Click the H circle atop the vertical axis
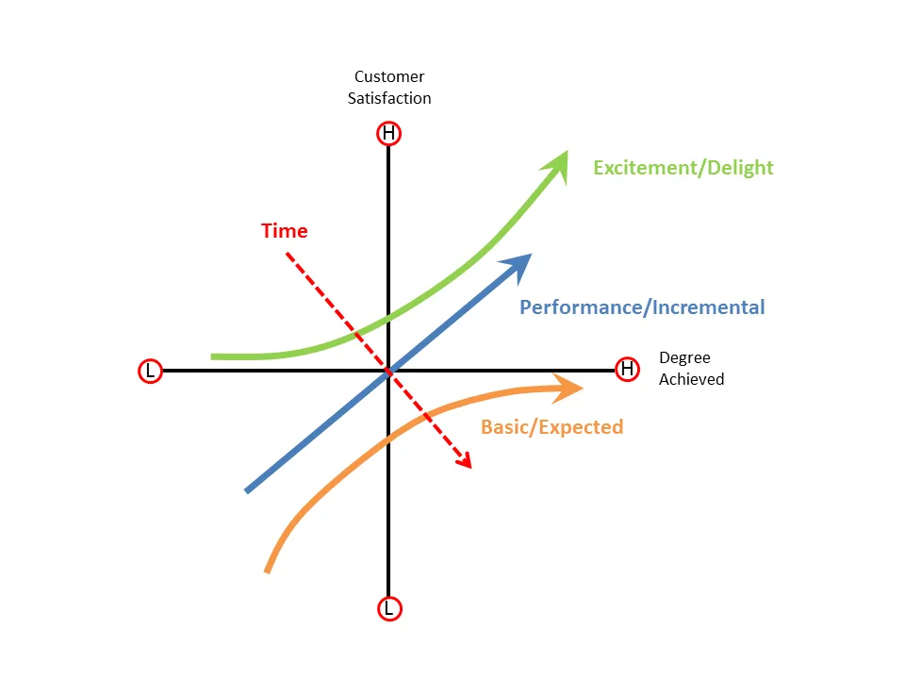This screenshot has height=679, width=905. pos(388,134)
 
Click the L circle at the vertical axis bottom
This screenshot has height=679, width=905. pos(388,609)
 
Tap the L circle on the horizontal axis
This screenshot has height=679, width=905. pos(149,371)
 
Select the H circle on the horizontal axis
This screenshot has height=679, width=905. pos(627,369)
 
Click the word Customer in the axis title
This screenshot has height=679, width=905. pos(389,76)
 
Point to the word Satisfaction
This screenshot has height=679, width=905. pos(389,98)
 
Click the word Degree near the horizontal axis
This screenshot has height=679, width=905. pos(684,358)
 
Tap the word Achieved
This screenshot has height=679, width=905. pos(691,379)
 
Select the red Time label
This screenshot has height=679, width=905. pos(284,231)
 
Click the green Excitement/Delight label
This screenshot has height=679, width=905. pos(683,168)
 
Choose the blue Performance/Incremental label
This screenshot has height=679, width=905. pos(642,307)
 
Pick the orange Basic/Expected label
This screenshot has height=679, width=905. pos(551,427)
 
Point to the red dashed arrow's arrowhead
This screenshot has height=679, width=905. pos(463,459)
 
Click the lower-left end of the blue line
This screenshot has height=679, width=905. pos(248,489)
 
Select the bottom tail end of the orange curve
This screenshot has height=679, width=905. pos(268,570)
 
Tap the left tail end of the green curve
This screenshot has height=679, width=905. pos(215,356)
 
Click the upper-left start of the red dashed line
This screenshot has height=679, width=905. pos(288,253)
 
